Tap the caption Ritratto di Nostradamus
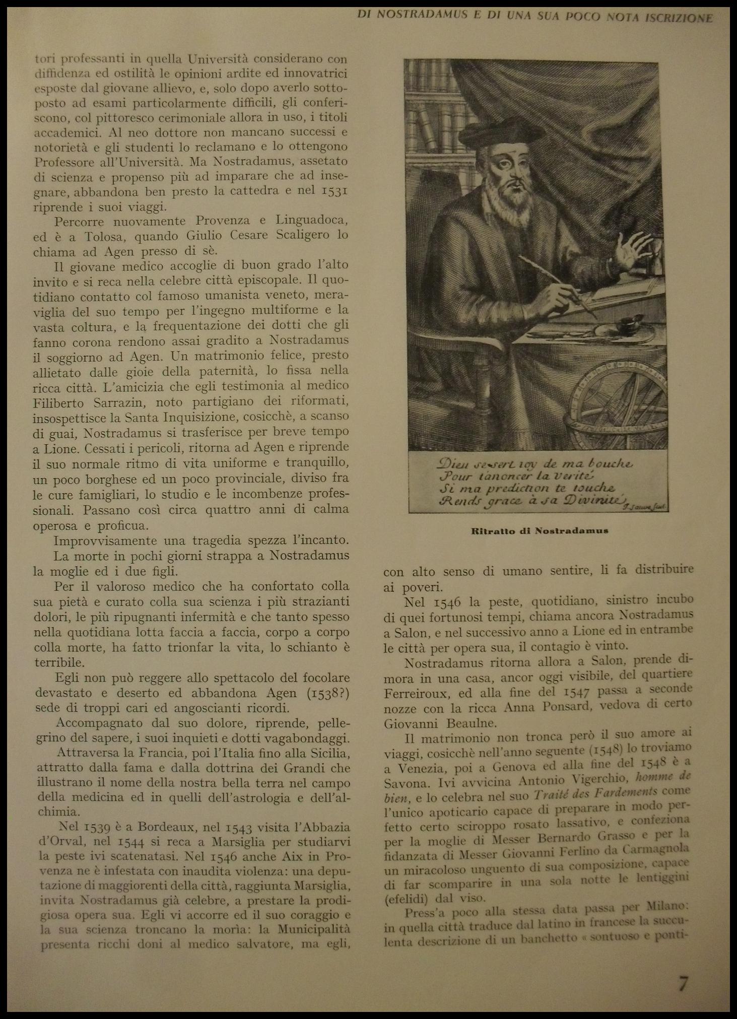[540, 530]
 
